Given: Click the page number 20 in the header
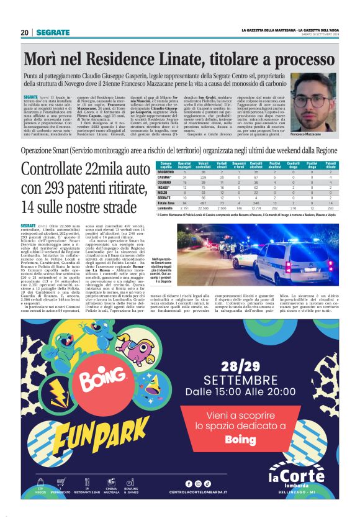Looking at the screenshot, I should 24,32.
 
